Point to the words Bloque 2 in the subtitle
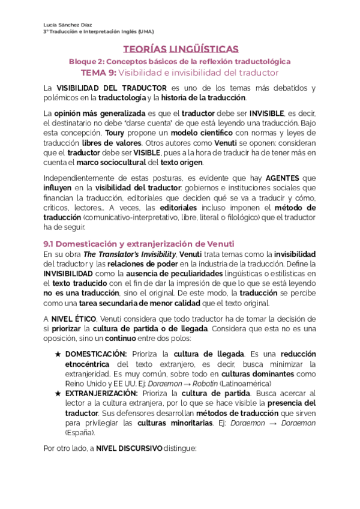coord(86,61)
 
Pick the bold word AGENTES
coord(283,178)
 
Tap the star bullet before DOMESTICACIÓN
coord(58,354)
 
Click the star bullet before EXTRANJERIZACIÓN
coord(58,393)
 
